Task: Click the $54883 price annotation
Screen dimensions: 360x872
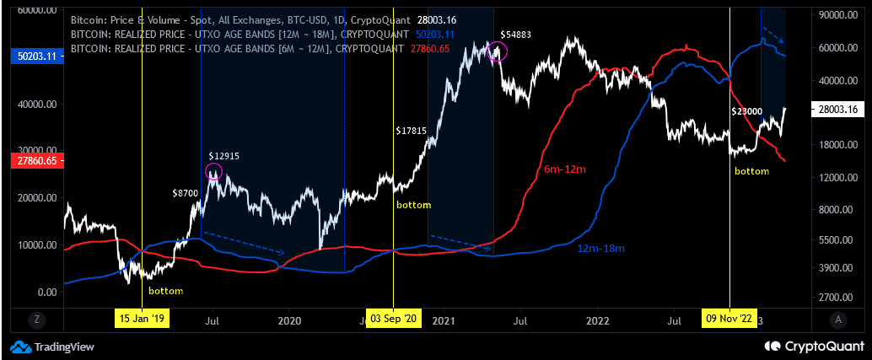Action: tap(515, 34)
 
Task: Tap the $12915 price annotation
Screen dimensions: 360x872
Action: tap(224, 156)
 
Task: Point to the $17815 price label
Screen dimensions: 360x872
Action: tap(412, 131)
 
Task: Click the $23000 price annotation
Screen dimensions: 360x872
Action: tap(746, 111)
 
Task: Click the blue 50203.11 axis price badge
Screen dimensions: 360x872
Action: tap(31, 56)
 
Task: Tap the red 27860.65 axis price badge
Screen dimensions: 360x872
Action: tap(31, 160)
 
